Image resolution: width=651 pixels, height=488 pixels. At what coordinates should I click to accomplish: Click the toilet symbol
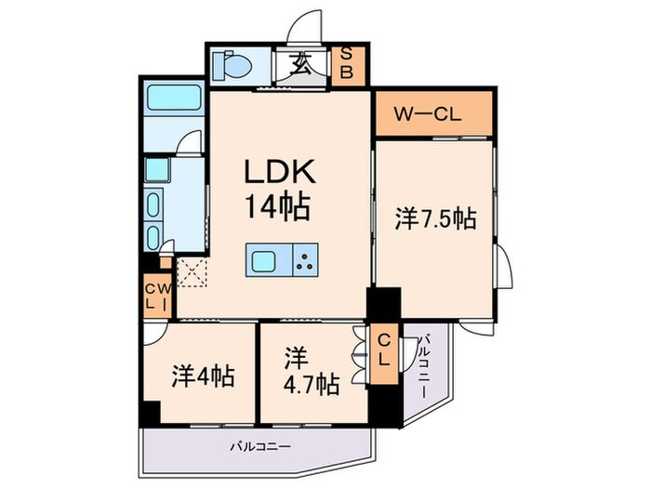228,65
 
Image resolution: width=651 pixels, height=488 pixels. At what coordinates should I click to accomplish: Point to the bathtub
174,99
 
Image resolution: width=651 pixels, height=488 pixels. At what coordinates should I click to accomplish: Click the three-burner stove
304,259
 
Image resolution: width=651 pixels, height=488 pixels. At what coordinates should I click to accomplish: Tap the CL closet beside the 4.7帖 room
383,352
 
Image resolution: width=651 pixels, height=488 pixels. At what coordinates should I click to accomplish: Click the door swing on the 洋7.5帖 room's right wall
503,270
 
